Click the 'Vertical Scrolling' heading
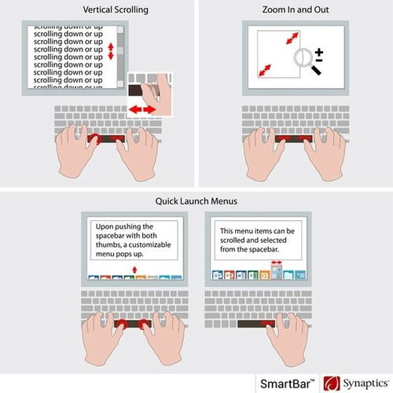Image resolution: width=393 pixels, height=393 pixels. (x=116, y=10)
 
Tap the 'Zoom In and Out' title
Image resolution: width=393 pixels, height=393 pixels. (x=296, y=9)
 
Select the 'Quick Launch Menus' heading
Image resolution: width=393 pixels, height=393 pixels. (x=196, y=201)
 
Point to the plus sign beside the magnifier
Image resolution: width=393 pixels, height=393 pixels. (x=319, y=52)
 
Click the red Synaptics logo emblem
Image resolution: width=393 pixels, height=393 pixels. (x=332, y=384)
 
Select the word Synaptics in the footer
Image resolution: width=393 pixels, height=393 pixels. (x=365, y=384)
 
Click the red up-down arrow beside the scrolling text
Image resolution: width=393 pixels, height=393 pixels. (x=111, y=51)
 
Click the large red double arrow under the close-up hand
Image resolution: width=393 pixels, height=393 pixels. (x=142, y=109)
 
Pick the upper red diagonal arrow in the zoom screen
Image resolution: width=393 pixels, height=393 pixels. (x=292, y=39)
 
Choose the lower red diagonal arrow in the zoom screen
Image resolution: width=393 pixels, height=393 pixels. (x=265, y=70)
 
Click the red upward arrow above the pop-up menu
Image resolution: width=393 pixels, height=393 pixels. (x=134, y=270)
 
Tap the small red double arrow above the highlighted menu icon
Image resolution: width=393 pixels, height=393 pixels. (x=277, y=262)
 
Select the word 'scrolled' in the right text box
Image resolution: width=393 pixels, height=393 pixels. (x=232, y=240)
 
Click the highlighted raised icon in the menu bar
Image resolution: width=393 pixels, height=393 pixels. (x=277, y=272)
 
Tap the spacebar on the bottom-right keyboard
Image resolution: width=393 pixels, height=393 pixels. (x=256, y=324)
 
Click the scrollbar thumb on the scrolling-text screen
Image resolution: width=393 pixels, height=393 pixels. (x=120, y=50)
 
